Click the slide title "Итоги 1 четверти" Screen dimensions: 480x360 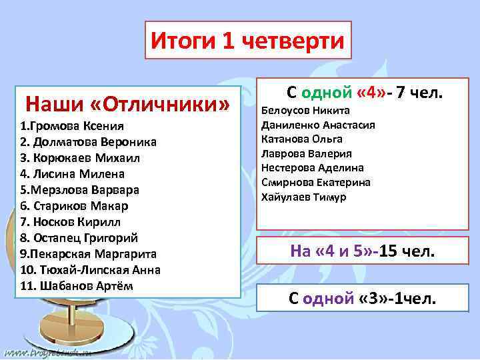(247, 41)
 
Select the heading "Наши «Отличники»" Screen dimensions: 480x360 (127, 104)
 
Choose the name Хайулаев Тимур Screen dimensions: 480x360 (303, 197)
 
